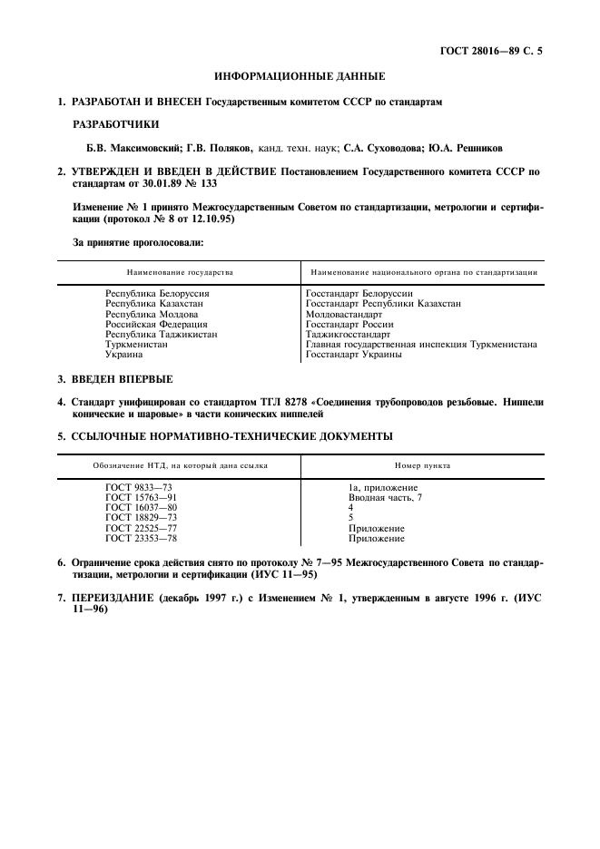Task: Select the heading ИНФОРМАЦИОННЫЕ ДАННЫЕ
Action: tap(300, 76)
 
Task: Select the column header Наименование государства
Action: tap(179, 271)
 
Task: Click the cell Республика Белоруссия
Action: tap(157, 295)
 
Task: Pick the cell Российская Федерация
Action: tap(156, 324)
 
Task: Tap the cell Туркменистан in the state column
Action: tap(135, 344)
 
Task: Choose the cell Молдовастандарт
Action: tap(344, 314)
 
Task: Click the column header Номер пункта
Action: tap(423, 465)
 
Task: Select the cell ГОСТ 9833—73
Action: tap(138, 488)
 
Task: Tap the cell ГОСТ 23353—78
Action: tap(141, 538)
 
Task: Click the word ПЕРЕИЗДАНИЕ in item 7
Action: tap(114, 599)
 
